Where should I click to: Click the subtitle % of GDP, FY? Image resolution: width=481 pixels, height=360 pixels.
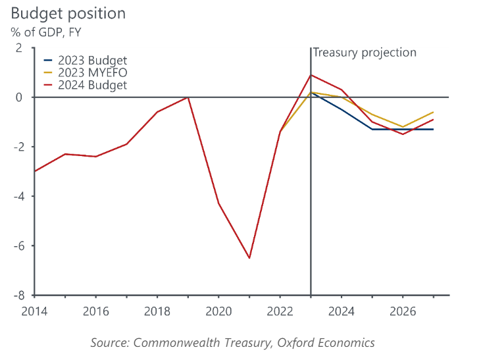click(x=46, y=32)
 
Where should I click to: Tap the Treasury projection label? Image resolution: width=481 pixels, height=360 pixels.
click(x=365, y=53)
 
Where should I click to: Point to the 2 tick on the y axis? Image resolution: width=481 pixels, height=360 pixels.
click(x=19, y=48)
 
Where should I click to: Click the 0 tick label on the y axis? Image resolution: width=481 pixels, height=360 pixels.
click(x=19, y=97)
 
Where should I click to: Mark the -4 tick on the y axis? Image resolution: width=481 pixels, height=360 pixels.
click(x=17, y=196)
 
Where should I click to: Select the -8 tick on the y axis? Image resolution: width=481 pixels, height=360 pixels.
click(x=17, y=296)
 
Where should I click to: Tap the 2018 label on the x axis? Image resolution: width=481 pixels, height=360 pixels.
click(x=157, y=309)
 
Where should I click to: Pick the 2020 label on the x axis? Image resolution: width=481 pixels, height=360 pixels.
click(x=218, y=309)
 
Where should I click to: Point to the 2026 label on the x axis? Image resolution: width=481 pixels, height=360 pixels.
click(x=403, y=309)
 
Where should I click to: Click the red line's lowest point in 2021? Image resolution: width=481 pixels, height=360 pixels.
click(x=249, y=258)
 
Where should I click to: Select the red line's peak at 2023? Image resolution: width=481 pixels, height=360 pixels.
click(x=311, y=75)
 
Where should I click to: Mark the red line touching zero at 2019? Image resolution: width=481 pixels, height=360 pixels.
click(x=188, y=97)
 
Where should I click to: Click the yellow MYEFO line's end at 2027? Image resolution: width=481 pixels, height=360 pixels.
click(x=433, y=112)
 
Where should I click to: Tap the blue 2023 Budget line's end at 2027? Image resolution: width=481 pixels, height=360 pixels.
click(x=433, y=129)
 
